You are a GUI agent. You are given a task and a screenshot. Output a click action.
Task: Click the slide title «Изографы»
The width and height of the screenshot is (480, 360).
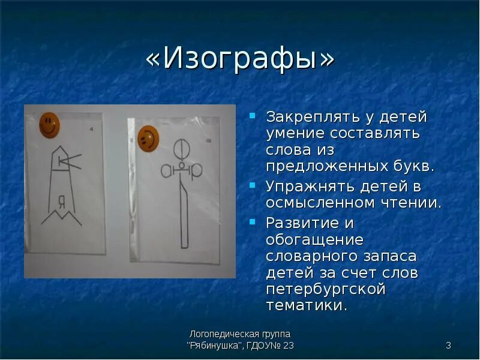coord(239,61)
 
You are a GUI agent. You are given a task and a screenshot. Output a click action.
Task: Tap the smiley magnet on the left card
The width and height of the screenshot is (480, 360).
coord(49,124)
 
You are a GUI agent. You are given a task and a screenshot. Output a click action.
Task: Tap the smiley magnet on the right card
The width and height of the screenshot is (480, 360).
coord(148,138)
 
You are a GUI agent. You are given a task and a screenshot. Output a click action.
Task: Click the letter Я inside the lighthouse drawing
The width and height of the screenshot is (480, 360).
coord(61,200)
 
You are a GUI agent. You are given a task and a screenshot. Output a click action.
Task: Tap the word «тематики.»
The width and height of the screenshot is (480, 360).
coord(306,305)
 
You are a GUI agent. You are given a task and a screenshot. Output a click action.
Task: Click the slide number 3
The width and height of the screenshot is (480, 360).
coord(448,345)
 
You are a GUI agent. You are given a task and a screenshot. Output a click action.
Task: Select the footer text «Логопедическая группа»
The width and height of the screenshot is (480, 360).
coord(240,334)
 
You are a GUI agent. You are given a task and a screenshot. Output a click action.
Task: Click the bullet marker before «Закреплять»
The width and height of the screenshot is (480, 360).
coord(254,115)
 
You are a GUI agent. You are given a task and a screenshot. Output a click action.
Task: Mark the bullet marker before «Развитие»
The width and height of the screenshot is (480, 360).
coord(254,221)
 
